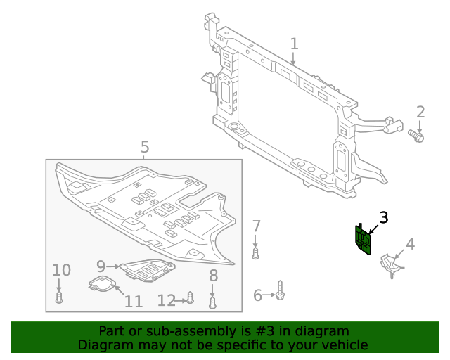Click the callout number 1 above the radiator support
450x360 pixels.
294,44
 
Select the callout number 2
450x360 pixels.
420,112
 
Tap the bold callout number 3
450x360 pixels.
383,217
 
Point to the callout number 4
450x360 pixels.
410,244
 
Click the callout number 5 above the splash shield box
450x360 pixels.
144,147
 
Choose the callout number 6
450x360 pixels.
257,296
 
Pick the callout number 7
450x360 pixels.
257,226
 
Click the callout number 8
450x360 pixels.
213,276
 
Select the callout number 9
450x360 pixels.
101,266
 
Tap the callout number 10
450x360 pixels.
61,270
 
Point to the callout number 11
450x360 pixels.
134,302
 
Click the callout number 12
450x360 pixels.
166,300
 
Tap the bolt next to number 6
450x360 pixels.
280,291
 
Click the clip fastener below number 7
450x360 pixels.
256,252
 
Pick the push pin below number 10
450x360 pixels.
59,297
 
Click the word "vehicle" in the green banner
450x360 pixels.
342,345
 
